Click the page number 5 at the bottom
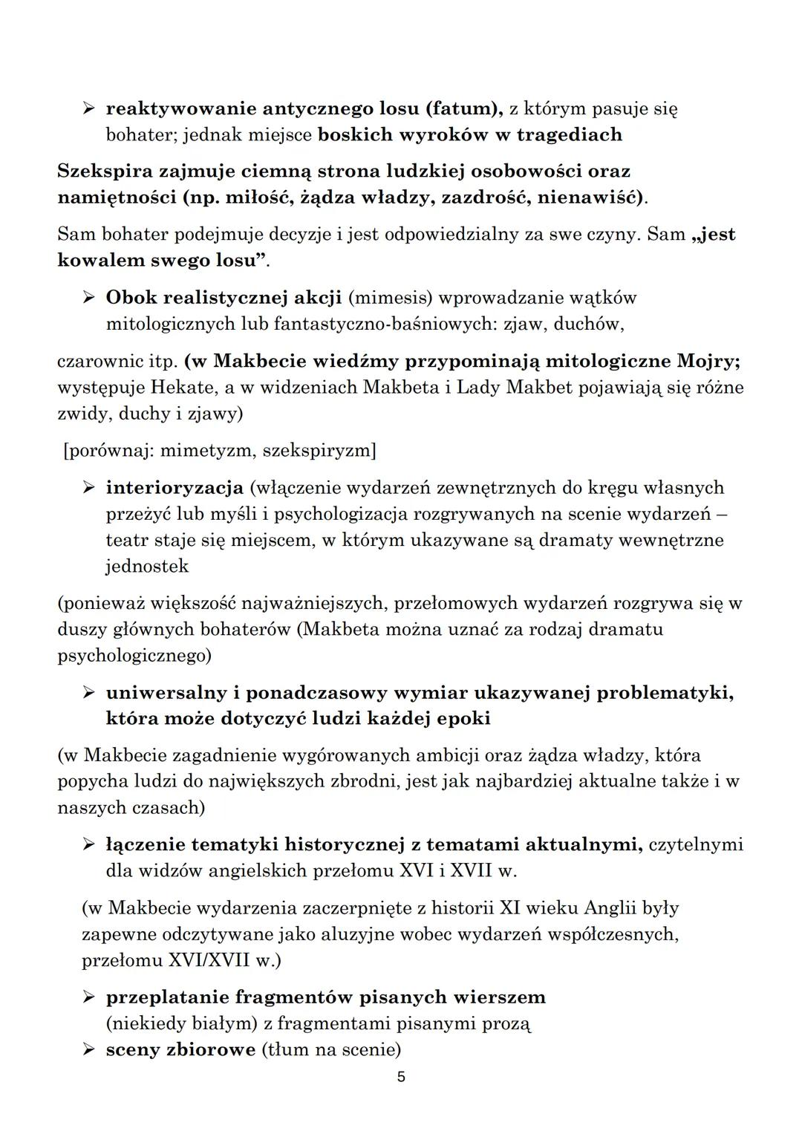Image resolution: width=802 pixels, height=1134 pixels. tap(401, 1077)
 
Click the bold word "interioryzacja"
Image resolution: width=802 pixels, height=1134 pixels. tap(175, 487)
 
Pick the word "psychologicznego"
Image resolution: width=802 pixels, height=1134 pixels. tap(132, 656)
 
